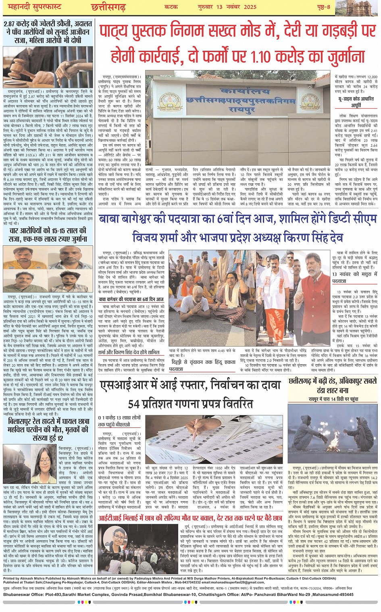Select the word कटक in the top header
click(x=171, y=6)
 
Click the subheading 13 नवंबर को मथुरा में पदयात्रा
click(x=355, y=277)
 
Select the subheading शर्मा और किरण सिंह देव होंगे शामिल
click(x=129, y=352)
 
